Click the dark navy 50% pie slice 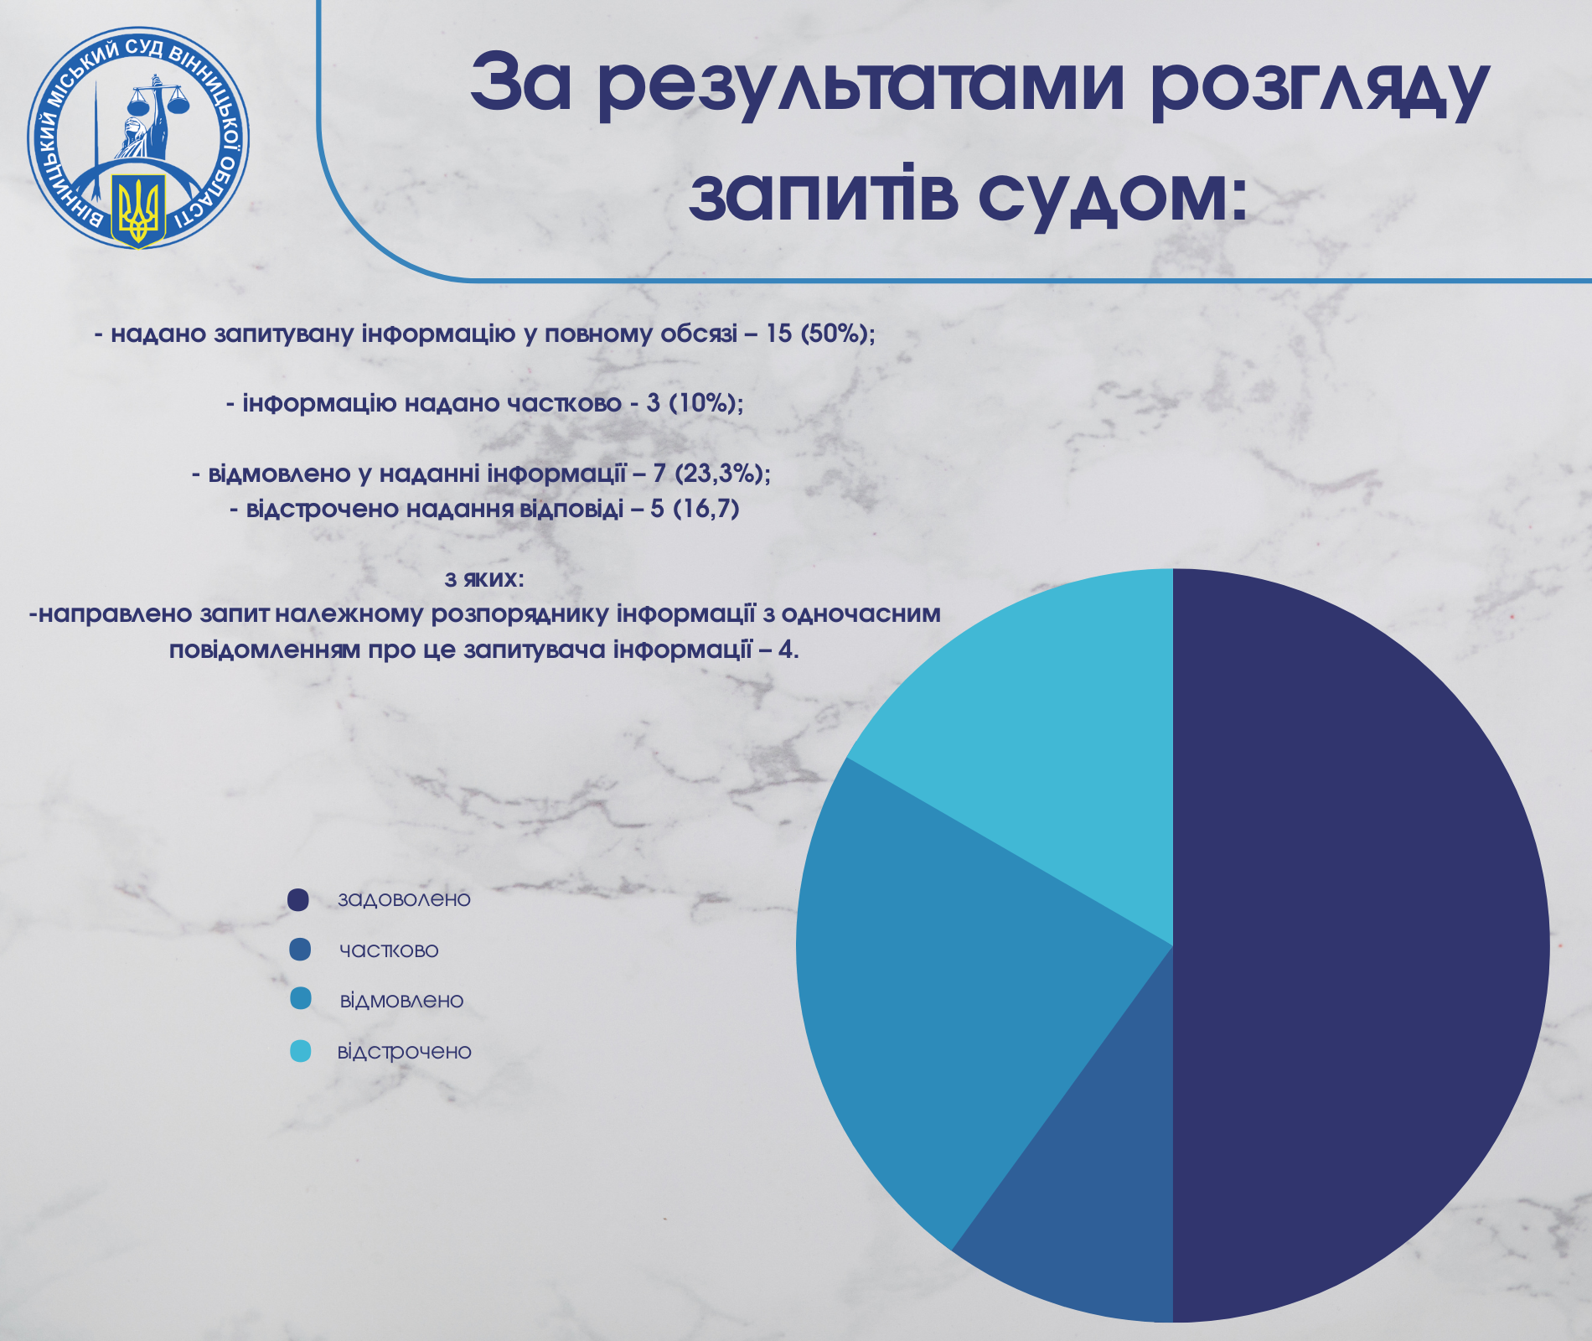pyautogui.click(x=1357, y=945)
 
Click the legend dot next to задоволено pyautogui.click(x=298, y=899)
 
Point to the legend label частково pyautogui.click(x=389, y=950)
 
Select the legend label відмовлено pyautogui.click(x=401, y=1001)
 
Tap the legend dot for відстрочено pyautogui.click(x=300, y=1051)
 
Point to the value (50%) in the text pyautogui.click(x=839, y=334)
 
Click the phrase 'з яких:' pyautogui.click(x=484, y=579)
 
